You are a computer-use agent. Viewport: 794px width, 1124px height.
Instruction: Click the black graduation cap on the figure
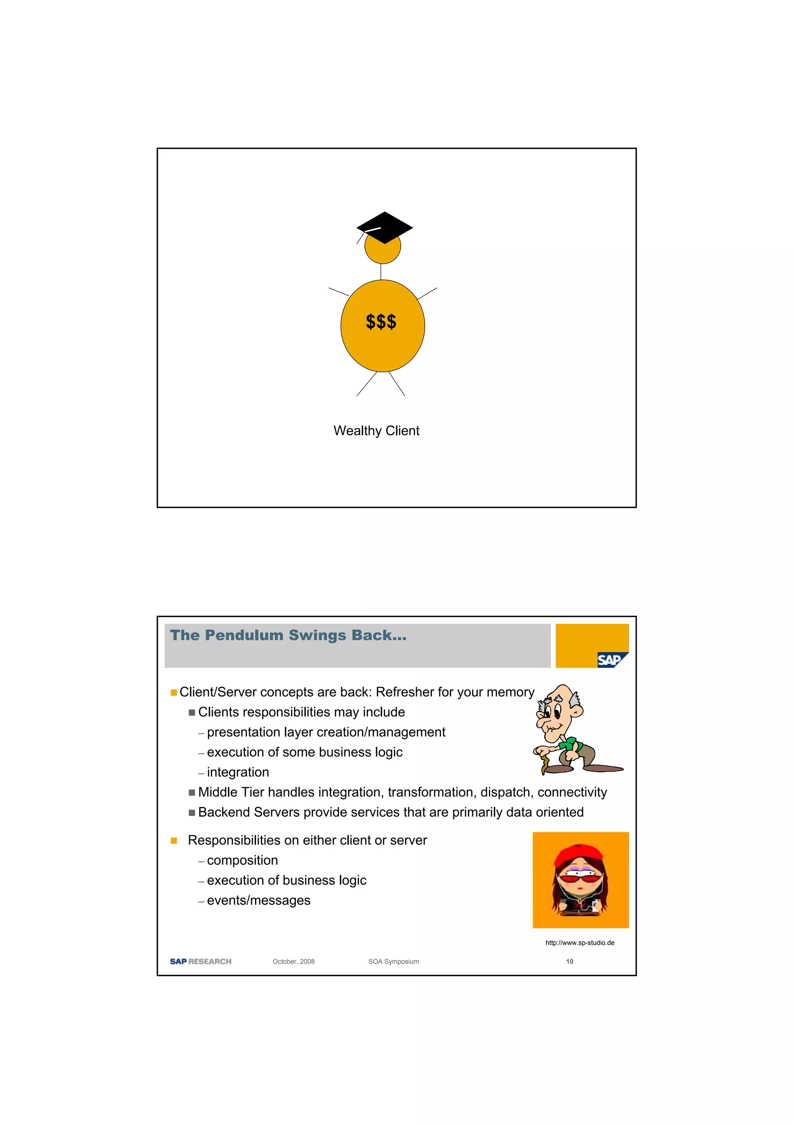[385, 227]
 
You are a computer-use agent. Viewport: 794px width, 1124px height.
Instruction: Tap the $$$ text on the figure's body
[381, 322]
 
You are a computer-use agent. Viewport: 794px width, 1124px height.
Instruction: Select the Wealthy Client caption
[376, 431]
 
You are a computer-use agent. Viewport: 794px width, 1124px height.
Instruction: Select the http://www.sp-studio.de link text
[580, 942]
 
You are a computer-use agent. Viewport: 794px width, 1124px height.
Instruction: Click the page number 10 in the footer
[570, 961]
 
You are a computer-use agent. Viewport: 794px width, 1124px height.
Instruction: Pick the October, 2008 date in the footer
[293, 961]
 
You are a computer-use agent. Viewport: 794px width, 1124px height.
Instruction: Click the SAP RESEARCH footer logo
[200, 961]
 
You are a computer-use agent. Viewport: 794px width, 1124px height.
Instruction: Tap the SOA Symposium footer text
[394, 961]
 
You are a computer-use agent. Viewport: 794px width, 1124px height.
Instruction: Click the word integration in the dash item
[238, 772]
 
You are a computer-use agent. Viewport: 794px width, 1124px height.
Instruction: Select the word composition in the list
[242, 860]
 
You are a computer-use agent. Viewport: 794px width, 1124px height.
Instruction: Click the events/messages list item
[258, 900]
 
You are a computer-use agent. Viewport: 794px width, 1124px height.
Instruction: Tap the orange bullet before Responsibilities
[174, 840]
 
